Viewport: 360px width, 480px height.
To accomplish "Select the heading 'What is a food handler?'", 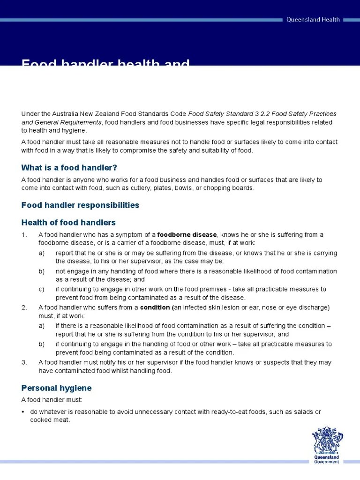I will coord(69,168).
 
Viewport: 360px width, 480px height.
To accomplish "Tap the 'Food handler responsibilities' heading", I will coord(80,205).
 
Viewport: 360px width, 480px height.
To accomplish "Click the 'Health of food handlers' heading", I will coord(68,223).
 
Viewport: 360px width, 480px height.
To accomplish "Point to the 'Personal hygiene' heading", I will coord(56,388).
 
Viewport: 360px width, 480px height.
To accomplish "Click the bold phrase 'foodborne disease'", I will coord(187,235).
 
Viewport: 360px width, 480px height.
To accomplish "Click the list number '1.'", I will coord(24,235).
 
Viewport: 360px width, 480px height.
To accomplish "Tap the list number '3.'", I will coord(24,362).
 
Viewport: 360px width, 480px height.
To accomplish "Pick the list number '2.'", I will coord(24,307).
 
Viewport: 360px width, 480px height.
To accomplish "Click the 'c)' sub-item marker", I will coord(42,289).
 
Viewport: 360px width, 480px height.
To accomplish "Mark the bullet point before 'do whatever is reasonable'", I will coord(23,412).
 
